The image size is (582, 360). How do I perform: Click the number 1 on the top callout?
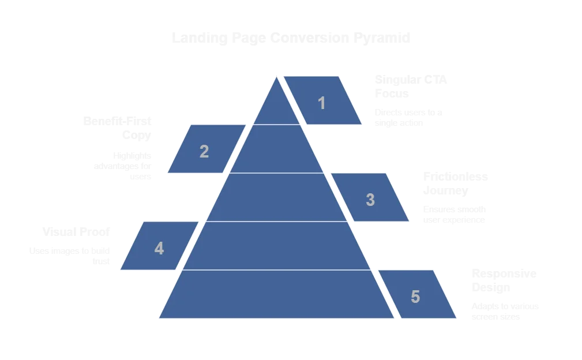click(322, 103)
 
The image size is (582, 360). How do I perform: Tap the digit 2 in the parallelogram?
click(204, 152)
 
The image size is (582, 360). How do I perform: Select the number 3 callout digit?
click(370, 200)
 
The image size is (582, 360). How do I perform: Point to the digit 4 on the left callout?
click(159, 249)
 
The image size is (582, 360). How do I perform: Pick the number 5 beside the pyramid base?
click(415, 297)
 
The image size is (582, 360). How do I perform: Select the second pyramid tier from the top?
click(277, 149)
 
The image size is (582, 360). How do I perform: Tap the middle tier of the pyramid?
click(277, 197)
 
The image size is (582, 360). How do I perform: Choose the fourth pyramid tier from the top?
click(277, 246)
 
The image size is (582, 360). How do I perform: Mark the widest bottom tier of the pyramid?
click(277, 294)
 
